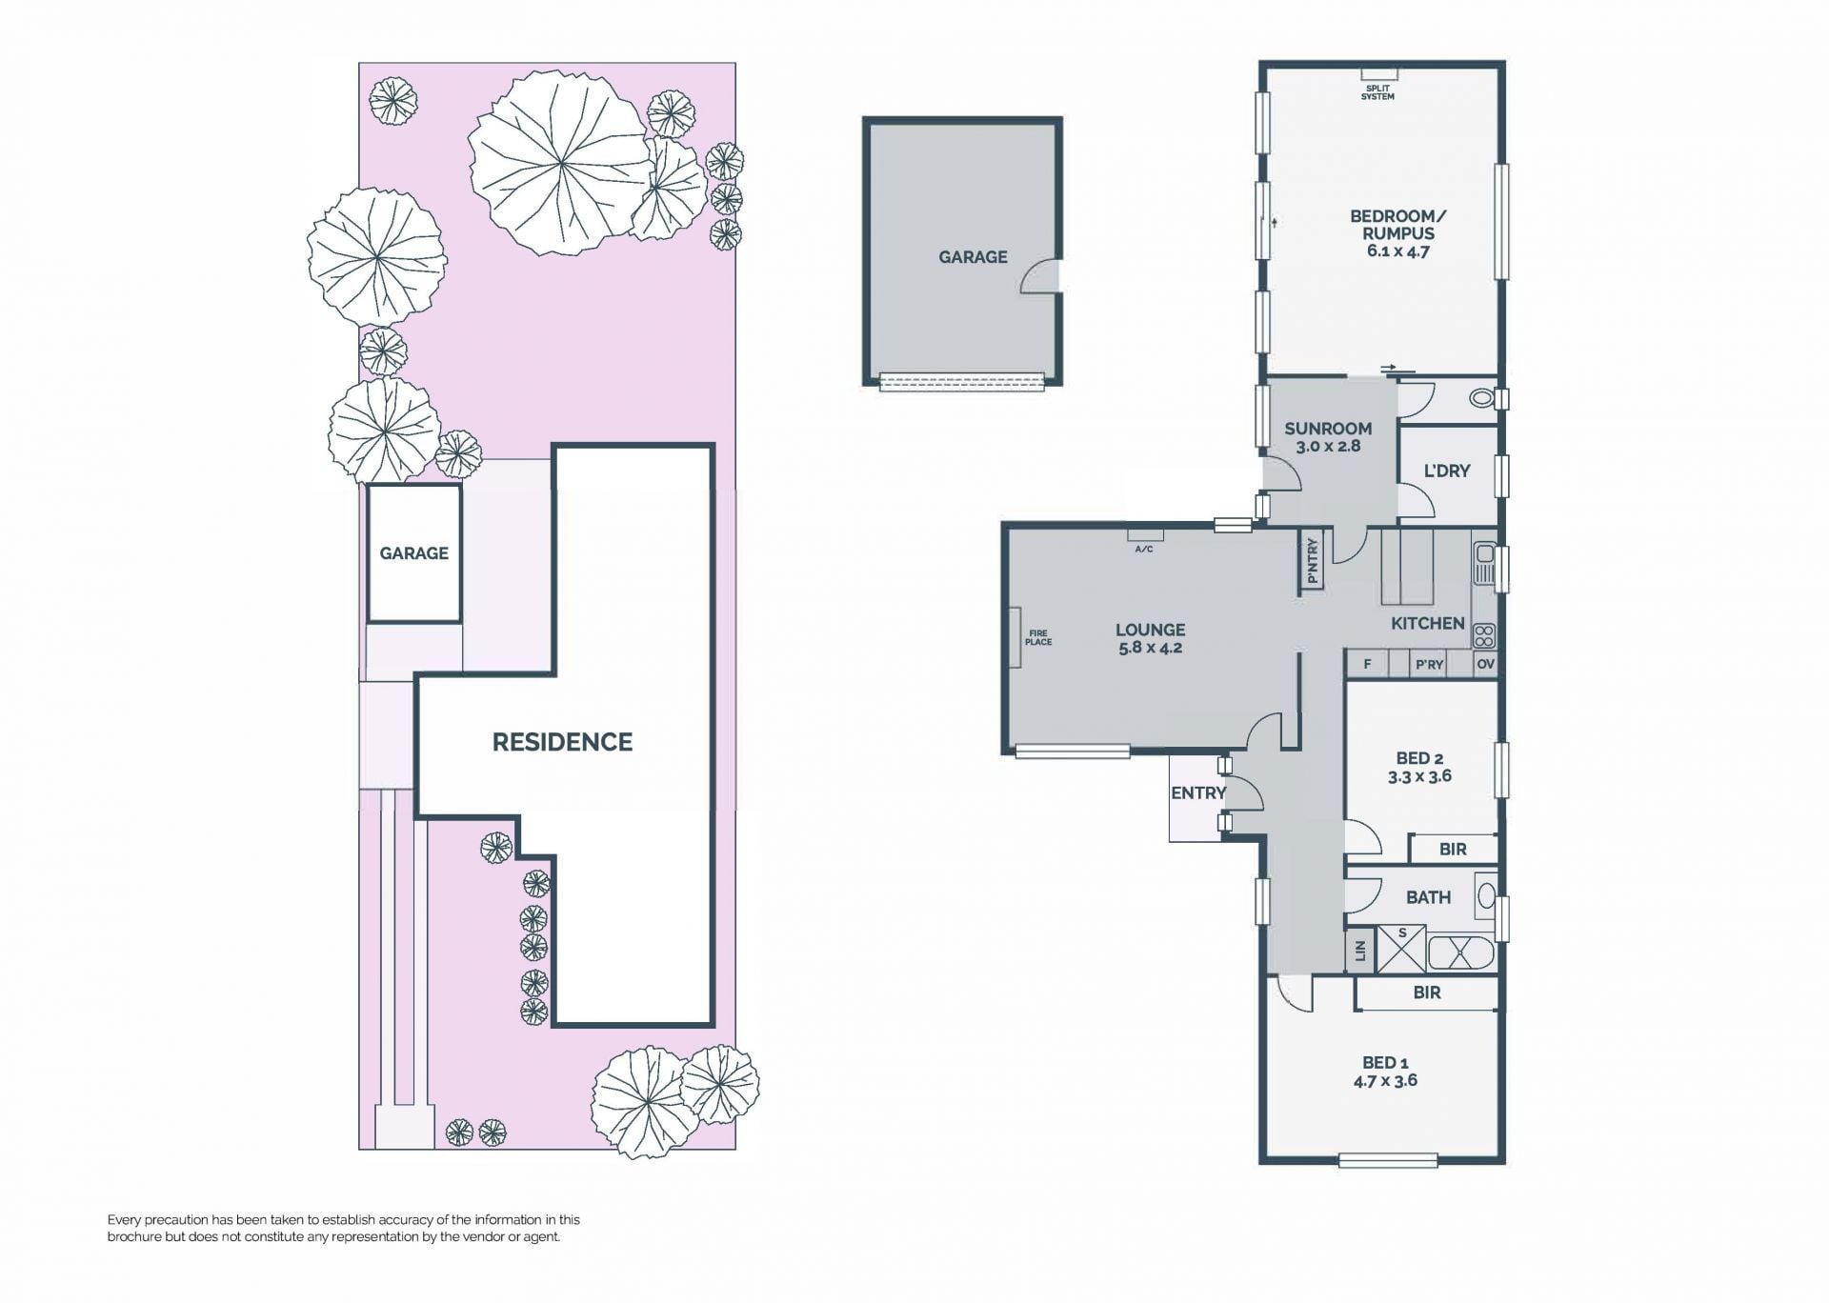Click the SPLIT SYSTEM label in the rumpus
(x=1377, y=92)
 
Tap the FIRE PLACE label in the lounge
(x=1038, y=637)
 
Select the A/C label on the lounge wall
(x=1144, y=550)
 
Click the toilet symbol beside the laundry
(x=1481, y=398)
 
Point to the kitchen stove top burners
(x=1484, y=635)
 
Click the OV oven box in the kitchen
(x=1485, y=664)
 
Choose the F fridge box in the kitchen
(x=1368, y=664)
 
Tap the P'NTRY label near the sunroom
(x=1313, y=561)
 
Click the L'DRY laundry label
(x=1447, y=471)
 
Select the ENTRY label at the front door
(x=1198, y=792)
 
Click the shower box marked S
(x=1402, y=948)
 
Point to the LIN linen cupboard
(x=1360, y=951)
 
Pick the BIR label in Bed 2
(x=1453, y=849)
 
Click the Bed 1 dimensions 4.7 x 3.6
(x=1385, y=1080)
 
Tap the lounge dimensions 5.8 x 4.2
(x=1151, y=648)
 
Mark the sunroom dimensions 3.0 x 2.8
(x=1328, y=446)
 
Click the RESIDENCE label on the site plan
(x=562, y=742)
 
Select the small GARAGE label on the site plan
(x=413, y=553)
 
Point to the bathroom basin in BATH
(x=1485, y=896)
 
